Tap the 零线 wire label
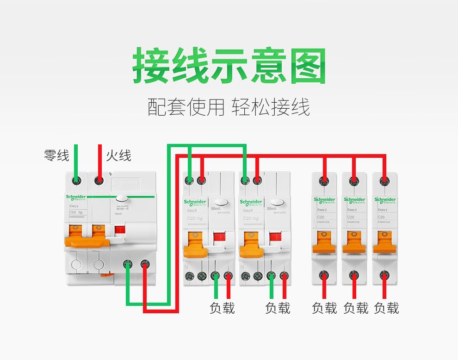56,155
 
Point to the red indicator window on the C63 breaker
120,230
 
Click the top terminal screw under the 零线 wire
77,180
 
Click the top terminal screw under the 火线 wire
99,180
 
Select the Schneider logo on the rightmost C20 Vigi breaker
251,202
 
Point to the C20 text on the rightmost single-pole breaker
382,217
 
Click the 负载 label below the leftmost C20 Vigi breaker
222,308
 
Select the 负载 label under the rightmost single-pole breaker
386,308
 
